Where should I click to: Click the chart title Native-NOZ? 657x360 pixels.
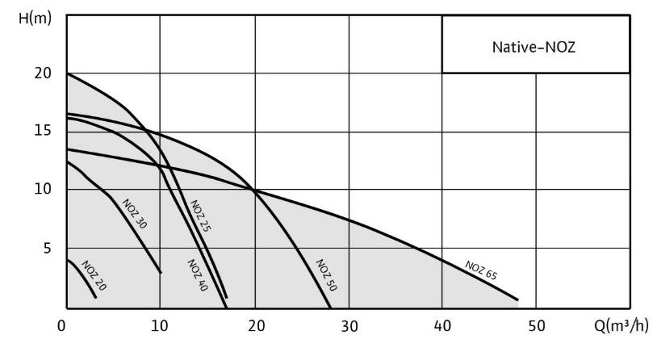coord(534,46)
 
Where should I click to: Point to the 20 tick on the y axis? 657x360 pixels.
coord(42,73)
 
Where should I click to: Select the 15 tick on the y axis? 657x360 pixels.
coord(43,132)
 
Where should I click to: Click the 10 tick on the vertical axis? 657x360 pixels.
coord(43,190)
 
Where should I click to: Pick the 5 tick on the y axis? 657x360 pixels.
coord(48,248)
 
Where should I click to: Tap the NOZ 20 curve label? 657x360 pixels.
coord(94,277)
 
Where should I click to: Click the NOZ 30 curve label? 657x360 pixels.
coord(135,214)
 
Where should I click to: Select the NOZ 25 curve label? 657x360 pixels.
coord(201,216)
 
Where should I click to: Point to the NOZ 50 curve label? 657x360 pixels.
coord(325,274)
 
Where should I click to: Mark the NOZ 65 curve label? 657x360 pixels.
coord(481,270)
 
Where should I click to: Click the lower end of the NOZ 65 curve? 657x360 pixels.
coord(516,299)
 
